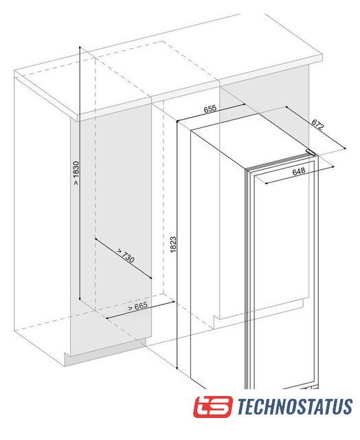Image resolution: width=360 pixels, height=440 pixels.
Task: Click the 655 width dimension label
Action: click(210, 109)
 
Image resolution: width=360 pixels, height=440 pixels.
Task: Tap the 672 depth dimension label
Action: click(317, 124)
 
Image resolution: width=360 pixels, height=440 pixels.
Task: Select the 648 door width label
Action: click(299, 171)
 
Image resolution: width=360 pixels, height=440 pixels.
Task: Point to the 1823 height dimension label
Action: click(174, 244)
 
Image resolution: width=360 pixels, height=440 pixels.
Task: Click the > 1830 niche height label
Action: click(76, 173)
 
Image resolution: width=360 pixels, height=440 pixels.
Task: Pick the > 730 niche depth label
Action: click(125, 255)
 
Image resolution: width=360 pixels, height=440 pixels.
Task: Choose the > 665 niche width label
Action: click(137, 306)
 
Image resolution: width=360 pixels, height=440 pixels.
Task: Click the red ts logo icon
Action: click(213, 407)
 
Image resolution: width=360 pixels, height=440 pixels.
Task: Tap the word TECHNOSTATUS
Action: click(295, 406)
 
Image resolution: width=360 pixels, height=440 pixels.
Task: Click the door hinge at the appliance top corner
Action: click(311, 153)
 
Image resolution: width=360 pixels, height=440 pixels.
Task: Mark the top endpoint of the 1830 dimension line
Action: click(80, 46)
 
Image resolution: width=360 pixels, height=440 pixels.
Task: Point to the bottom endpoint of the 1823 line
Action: click(177, 368)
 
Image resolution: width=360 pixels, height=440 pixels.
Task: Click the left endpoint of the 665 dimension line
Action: click(106, 318)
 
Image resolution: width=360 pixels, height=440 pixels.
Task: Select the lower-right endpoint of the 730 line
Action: click(151, 278)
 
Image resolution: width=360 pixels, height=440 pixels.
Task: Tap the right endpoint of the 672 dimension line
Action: click(345, 148)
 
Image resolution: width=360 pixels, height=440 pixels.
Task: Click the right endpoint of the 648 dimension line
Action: click(334, 166)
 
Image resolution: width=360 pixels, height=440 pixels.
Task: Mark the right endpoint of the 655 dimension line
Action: click(245, 104)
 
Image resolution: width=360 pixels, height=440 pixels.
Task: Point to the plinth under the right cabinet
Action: click(259, 313)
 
